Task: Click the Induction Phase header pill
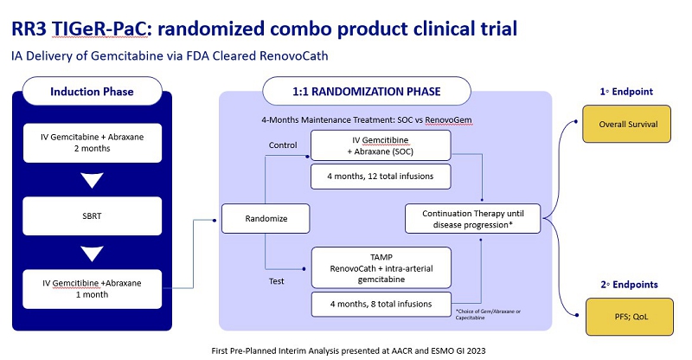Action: pyautogui.click(x=91, y=91)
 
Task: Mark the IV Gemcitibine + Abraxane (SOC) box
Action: pyautogui.click(x=381, y=145)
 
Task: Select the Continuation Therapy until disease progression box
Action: pyautogui.click(x=477, y=218)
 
